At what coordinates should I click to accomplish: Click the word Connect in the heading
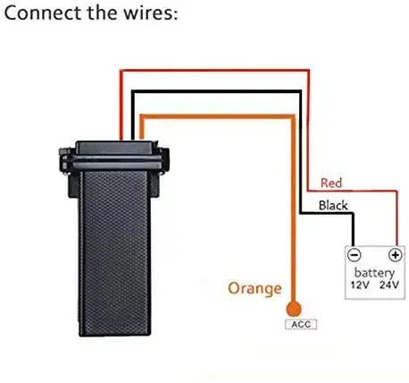tap(42, 13)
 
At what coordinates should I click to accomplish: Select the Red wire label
tap(331, 183)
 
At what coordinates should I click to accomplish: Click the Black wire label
tap(333, 205)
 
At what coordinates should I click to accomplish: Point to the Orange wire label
tap(255, 288)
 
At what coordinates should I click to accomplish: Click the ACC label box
tap(301, 324)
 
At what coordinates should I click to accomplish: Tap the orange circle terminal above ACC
tap(294, 309)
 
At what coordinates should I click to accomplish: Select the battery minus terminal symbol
tap(354, 255)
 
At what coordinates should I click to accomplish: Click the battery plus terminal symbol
tap(396, 255)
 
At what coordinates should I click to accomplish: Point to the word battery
tap(374, 272)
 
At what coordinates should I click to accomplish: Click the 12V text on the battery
tap(360, 285)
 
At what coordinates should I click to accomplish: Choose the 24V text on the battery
tap(389, 285)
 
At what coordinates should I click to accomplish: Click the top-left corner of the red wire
tap(121, 71)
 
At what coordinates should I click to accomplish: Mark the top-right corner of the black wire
tap(300, 92)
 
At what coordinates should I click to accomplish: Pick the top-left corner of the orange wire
tap(142, 116)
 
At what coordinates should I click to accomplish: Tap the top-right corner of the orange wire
tap(293, 116)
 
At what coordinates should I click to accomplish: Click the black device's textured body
tap(114, 253)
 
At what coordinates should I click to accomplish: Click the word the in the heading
tap(102, 13)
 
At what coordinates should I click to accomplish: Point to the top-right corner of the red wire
tap(308, 71)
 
